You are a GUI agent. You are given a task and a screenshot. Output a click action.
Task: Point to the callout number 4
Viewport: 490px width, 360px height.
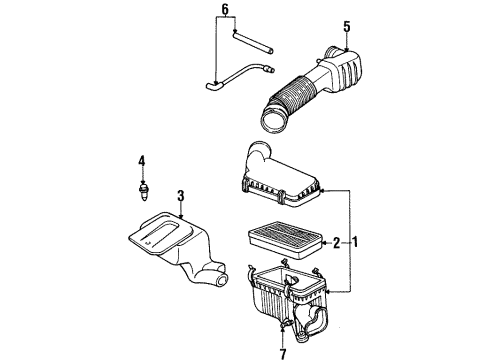click(142, 159)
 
